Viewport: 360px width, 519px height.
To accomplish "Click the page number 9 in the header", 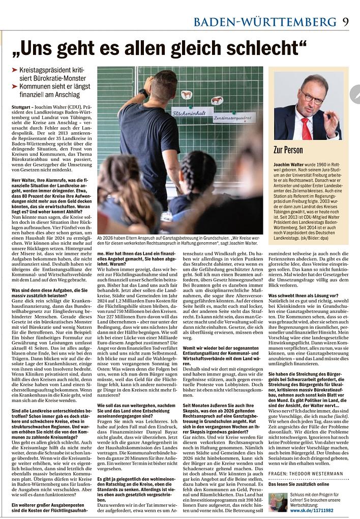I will (x=345, y=21).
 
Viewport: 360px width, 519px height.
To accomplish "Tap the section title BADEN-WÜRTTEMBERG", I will (x=264, y=22).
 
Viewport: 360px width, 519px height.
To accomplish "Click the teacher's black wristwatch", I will (x=144, y=93).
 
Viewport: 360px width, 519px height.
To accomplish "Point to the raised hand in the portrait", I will (x=332, y=122).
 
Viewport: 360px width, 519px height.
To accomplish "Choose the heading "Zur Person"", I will (x=288, y=150).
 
